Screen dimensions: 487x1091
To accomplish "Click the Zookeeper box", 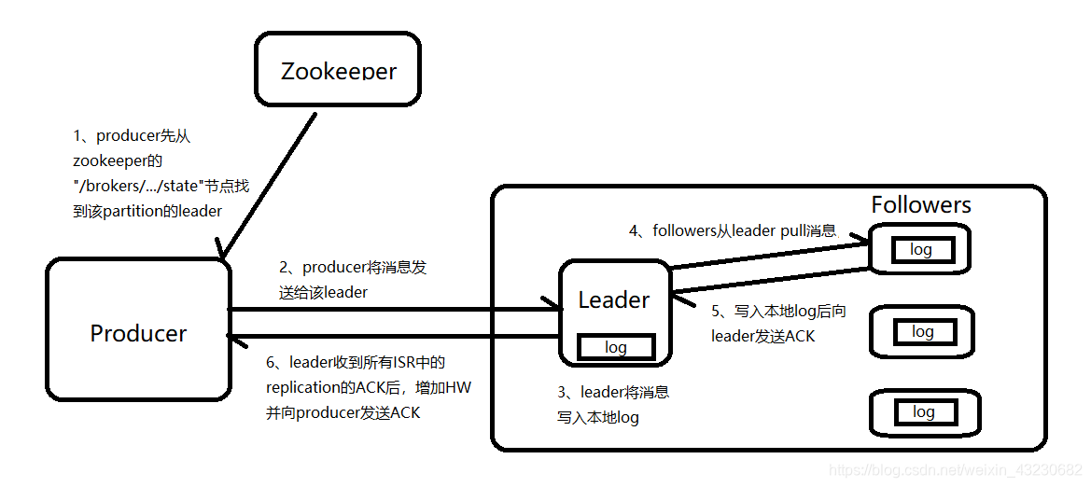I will [338, 70].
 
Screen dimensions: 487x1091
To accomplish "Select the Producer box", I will [138, 333].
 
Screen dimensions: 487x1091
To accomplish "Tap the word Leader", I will [613, 299].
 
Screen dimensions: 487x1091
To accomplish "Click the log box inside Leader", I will [615, 347].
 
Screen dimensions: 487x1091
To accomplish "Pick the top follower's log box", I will [921, 250].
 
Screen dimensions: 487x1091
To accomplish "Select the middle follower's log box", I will [922, 331].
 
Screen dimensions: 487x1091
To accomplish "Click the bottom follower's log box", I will [923, 411].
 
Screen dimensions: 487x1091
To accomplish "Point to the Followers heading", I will [920, 205].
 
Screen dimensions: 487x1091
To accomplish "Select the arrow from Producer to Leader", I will [392, 309].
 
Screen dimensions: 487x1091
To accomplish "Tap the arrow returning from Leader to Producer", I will [392, 336].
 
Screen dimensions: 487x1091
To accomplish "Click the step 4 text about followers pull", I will [733, 230].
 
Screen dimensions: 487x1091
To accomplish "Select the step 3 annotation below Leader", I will [612, 405].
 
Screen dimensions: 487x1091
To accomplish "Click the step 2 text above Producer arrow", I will [352, 279].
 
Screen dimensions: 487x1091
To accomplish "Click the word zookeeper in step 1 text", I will [111, 160].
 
